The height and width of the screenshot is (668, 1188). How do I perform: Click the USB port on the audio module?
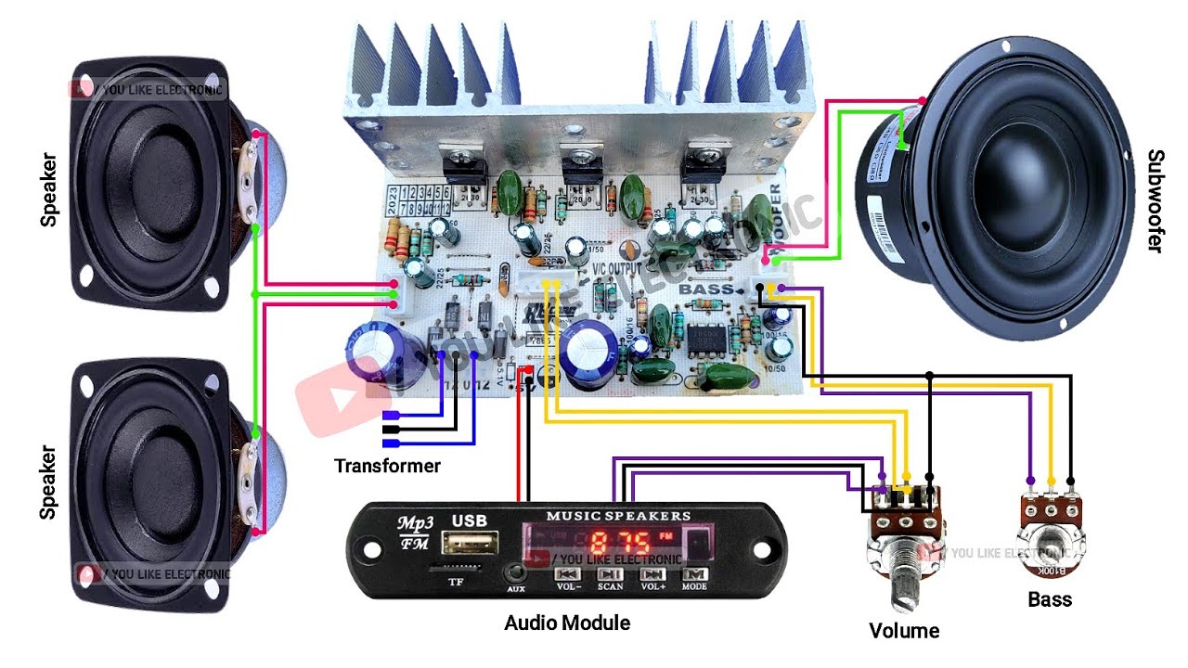(x=469, y=543)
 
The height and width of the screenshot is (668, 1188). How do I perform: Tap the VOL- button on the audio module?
(x=568, y=578)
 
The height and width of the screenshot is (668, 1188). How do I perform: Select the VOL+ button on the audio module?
(x=652, y=578)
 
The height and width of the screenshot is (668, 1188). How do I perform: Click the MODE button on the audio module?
(x=694, y=578)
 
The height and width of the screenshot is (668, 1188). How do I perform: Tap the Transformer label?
(x=387, y=466)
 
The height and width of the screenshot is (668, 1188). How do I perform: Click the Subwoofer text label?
(x=1155, y=200)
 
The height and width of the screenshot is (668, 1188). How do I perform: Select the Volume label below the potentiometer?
(x=904, y=631)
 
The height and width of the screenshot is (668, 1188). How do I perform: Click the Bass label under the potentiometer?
(x=1050, y=599)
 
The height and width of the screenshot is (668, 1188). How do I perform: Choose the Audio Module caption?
(x=567, y=623)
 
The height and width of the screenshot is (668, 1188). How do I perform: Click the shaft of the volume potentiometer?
(x=901, y=571)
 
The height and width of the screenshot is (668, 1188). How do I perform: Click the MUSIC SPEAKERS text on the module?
(x=618, y=516)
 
